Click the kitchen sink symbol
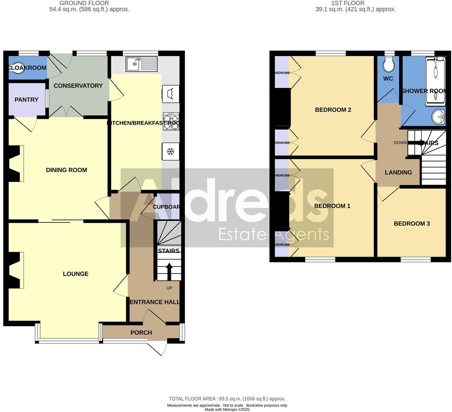pos(141,64)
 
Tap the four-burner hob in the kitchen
pos(171,121)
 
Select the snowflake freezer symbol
pos(171,152)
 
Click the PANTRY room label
pos(27,100)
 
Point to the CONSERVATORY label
pos(78,86)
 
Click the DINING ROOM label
pos(66,170)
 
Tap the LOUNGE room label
pos(76,274)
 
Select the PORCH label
pos(141,333)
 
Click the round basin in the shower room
pos(439,117)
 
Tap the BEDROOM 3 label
pos(412,224)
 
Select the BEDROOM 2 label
pos(333,110)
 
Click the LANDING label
pos(398,172)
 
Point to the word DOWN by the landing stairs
pos(400,143)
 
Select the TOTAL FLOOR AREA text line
pos(227,399)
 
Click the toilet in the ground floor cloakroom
pos(16,68)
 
